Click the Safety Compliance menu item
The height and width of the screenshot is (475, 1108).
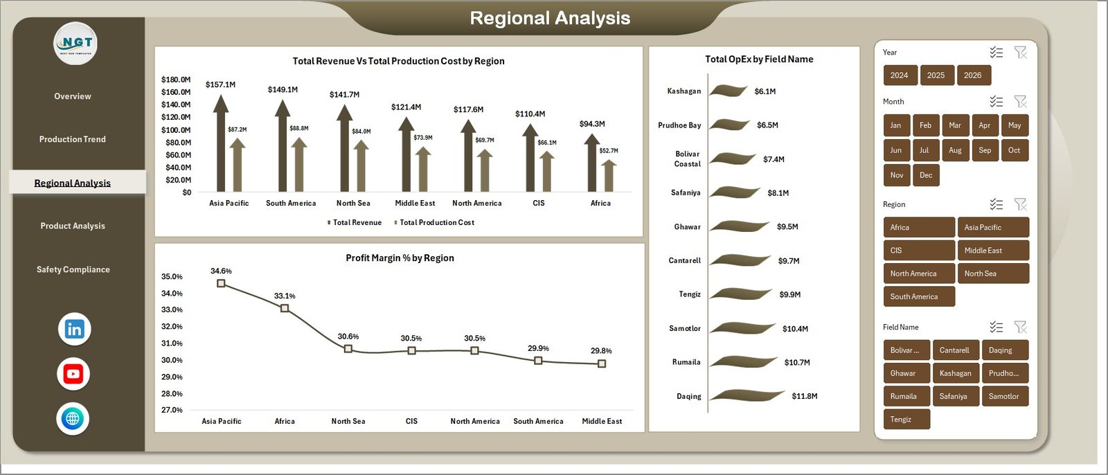click(73, 269)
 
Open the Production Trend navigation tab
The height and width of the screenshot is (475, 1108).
click(73, 139)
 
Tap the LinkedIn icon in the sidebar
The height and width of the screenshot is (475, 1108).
click(74, 329)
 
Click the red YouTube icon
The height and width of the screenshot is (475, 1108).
click(73, 374)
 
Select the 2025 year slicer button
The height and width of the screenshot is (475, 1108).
click(936, 75)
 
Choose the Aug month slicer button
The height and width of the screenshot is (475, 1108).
click(955, 150)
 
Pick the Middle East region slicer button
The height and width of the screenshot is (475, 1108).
click(992, 251)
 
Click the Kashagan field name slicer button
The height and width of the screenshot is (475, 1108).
click(955, 373)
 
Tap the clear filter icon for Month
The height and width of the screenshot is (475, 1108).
click(1020, 102)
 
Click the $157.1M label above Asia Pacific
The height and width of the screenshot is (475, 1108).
click(220, 84)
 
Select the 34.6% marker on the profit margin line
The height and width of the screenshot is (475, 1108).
click(221, 283)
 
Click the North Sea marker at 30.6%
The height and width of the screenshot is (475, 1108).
click(348, 349)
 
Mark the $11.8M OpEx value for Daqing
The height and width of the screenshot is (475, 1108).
click(804, 396)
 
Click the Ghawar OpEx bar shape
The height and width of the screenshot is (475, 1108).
click(739, 226)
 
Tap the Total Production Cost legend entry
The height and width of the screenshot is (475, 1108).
click(436, 222)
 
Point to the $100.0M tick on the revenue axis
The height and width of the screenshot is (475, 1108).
click(176, 130)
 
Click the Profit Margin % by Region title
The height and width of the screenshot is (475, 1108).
click(400, 258)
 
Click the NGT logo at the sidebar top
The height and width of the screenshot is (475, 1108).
click(75, 44)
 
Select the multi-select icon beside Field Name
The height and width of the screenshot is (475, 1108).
click(996, 327)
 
